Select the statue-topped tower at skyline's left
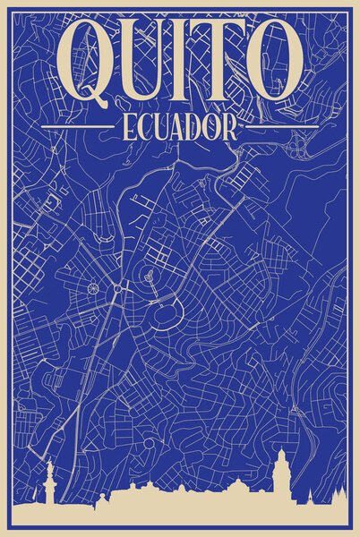(47, 483)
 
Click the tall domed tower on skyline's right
(280, 472)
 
